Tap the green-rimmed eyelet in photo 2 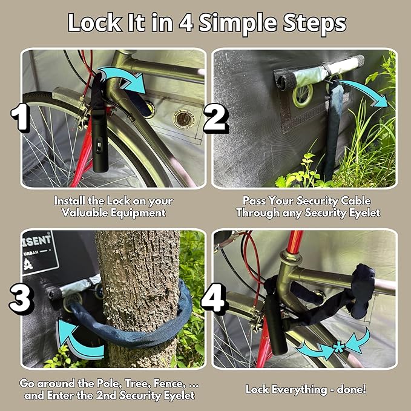pos(302,95)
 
